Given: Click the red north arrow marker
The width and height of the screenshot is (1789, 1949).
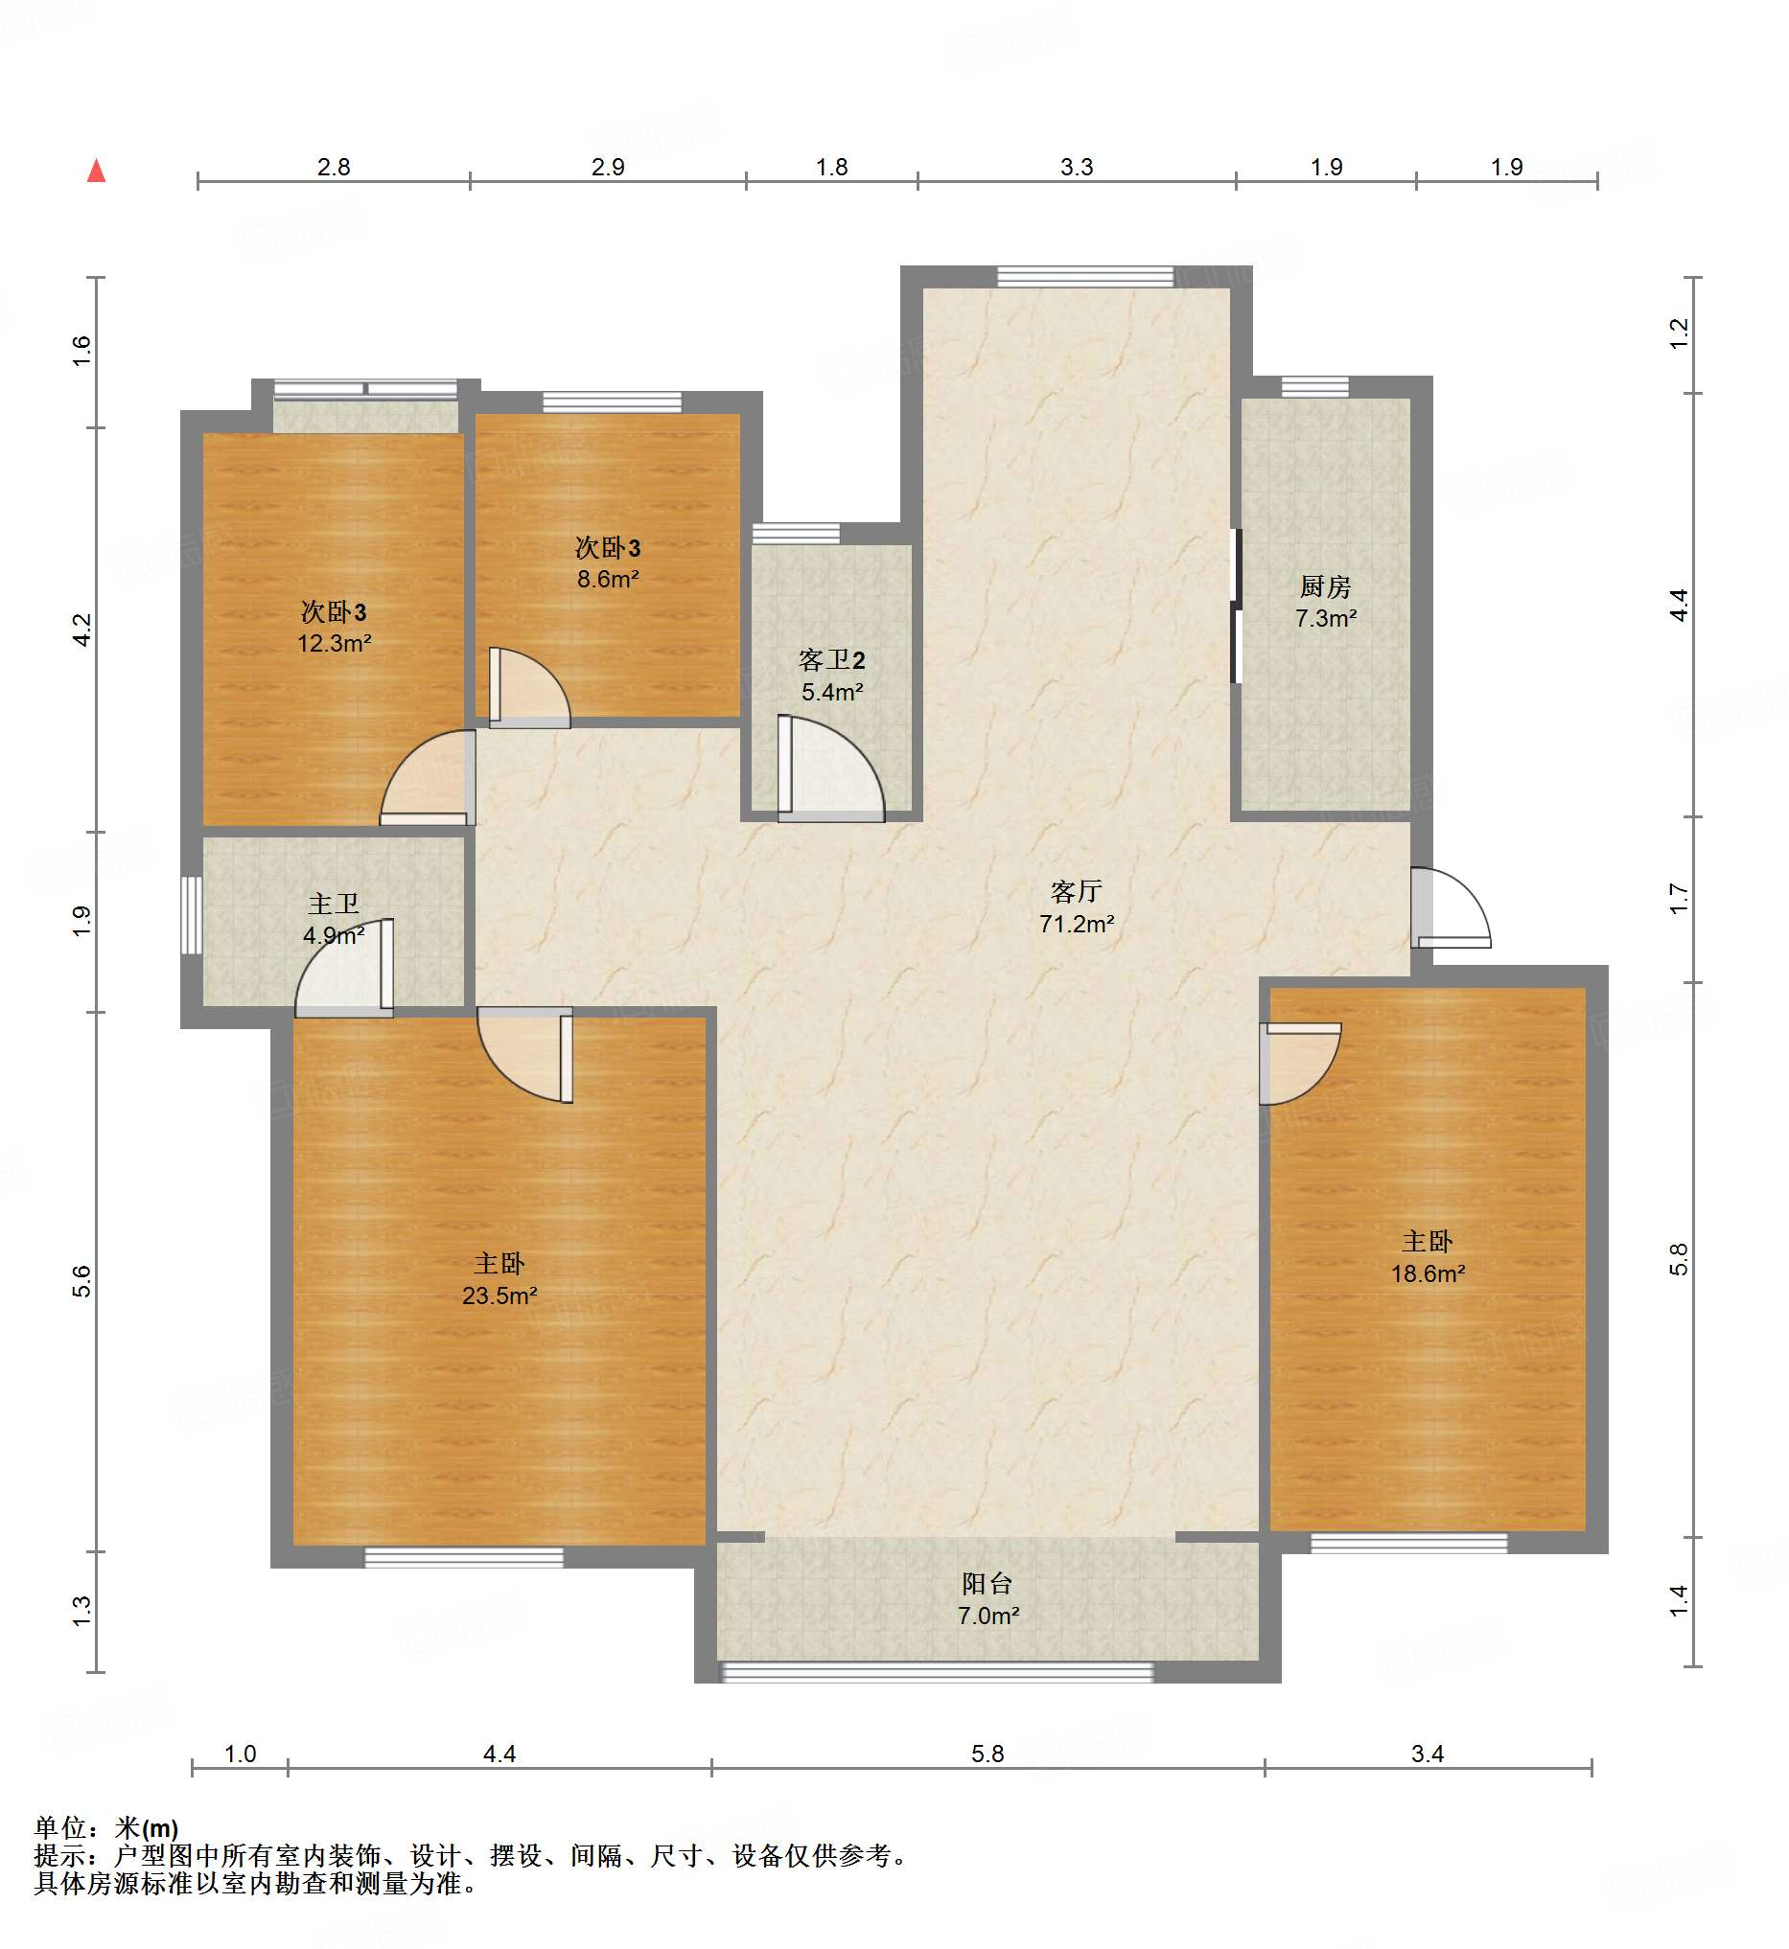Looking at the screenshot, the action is [96, 171].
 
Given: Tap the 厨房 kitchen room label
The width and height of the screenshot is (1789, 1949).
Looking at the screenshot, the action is [1325, 586].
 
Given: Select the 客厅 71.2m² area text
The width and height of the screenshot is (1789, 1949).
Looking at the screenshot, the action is [1077, 924].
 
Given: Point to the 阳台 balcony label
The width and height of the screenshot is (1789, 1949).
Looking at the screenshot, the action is [987, 1584].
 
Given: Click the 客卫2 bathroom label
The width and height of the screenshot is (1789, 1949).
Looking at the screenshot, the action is [831, 660].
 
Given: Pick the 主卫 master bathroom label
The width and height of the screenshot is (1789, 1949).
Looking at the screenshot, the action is [333, 904].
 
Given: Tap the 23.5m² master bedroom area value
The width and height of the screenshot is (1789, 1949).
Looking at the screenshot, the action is [500, 1296].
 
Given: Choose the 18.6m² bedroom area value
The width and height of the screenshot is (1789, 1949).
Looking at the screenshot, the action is [1428, 1274].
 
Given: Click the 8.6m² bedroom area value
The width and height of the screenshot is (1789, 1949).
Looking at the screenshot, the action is [608, 580].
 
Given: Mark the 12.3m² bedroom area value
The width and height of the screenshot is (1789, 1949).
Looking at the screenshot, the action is [334, 644].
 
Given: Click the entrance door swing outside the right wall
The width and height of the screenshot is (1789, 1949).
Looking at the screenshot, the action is [1451, 907].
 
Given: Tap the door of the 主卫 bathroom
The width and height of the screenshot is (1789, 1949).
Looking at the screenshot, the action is [344, 968].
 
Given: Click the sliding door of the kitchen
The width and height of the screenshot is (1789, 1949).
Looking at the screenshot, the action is [1235, 606].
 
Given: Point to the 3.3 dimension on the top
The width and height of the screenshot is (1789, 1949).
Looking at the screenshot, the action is [1077, 168].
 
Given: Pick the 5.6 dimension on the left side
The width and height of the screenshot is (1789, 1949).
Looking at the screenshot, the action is [82, 1281].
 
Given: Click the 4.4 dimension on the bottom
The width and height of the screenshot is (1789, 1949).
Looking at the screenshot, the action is [500, 1754].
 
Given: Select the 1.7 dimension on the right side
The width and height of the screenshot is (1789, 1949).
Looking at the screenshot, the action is [1679, 899].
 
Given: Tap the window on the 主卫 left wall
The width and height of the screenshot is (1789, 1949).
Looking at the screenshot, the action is [192, 914].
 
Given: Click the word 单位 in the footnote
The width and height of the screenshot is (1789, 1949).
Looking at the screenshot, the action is [60, 1828].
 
